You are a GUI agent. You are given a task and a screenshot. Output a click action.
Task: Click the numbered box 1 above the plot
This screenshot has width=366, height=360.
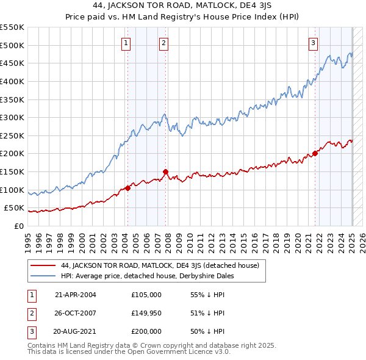click(125, 43)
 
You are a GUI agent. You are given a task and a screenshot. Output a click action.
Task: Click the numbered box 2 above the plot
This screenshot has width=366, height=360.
click(165, 43)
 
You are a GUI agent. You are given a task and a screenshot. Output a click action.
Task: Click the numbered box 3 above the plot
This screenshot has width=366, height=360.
click(313, 43)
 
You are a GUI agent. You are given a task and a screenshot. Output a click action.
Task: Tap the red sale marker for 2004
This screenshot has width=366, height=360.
click(128, 188)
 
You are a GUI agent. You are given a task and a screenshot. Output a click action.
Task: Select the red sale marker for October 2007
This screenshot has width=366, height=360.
click(166, 172)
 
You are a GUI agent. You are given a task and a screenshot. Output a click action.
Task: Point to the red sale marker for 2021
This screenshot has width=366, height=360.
click(315, 153)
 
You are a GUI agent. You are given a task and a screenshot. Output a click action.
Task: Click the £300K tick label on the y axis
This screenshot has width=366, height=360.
click(12, 117)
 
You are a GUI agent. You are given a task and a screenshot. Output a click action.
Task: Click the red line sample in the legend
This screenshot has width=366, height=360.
click(43, 265)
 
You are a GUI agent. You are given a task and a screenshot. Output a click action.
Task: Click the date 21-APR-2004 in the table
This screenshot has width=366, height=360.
click(76, 295)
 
